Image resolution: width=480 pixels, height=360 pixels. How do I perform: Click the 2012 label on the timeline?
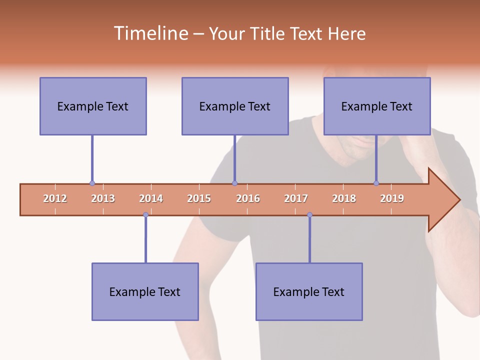tap(55, 198)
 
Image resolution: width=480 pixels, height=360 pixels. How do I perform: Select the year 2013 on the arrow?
tap(103, 198)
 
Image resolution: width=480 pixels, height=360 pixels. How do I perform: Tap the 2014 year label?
tap(151, 198)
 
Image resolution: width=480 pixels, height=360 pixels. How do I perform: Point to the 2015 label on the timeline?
tap(199, 198)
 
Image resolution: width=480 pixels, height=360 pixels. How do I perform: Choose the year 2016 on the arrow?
tap(248, 198)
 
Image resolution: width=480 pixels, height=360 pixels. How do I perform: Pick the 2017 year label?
tap(296, 198)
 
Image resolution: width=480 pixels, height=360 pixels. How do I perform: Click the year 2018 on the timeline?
tap(344, 198)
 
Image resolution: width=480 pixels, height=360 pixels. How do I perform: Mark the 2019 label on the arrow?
tap(392, 198)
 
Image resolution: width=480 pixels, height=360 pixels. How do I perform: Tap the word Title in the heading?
tap(266, 33)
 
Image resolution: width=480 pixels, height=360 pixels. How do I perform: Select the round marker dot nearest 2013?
tap(92, 183)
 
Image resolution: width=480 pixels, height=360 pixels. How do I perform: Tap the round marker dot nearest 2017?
tap(309, 215)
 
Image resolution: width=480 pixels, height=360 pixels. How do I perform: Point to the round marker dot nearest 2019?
tap(376, 183)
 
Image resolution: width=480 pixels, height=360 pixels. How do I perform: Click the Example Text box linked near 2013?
tap(93, 106)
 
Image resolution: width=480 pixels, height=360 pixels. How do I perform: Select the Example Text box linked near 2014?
tap(145, 291)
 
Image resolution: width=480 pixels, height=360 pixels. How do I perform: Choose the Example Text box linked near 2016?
tap(235, 106)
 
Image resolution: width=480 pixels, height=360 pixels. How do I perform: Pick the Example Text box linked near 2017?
tap(309, 291)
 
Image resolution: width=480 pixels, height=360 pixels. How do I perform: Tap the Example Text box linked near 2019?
tap(377, 106)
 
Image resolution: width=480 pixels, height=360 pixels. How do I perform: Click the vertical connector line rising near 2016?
tap(234, 159)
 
